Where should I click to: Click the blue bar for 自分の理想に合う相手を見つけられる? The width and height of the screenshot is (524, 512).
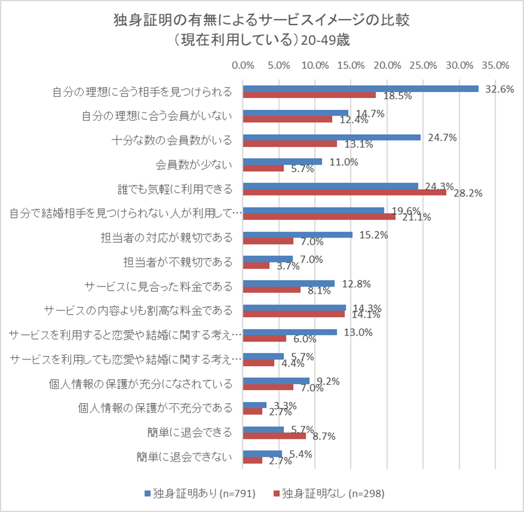pos(360,89)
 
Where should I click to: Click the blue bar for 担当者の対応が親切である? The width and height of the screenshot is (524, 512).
pos(297,234)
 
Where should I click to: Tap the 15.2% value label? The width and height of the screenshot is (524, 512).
pos(374,235)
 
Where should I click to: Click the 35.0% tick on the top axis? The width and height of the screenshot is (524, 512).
pos(495,65)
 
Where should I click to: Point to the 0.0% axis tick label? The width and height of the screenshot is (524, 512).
pos(243,65)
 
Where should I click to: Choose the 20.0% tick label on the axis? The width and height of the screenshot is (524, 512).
pos(388,65)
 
